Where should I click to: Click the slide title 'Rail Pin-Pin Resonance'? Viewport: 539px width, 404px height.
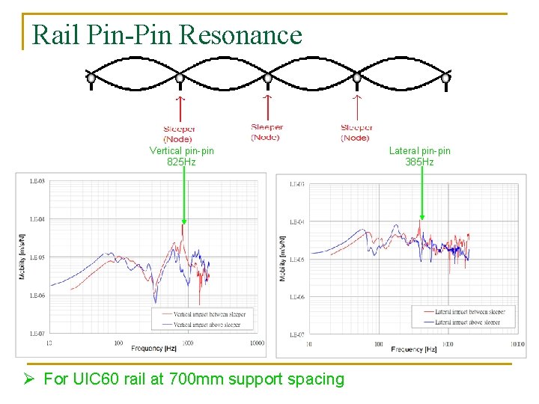click(x=168, y=34)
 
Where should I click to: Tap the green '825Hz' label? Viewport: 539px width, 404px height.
click(x=181, y=162)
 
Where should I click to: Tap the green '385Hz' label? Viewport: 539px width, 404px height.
click(x=419, y=162)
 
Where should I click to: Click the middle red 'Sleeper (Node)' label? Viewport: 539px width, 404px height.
click(x=267, y=132)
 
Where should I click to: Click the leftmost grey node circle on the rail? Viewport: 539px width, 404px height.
click(x=91, y=77)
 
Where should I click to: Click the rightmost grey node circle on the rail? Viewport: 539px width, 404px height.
click(x=445, y=77)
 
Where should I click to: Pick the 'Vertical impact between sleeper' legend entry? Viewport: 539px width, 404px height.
click(x=208, y=313)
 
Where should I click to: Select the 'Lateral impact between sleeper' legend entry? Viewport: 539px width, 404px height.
click(x=469, y=312)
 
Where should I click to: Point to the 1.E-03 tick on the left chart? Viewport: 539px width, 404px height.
click(x=37, y=181)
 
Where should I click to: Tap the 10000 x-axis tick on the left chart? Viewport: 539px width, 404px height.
click(x=256, y=343)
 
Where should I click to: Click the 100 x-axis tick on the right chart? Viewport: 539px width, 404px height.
click(x=379, y=345)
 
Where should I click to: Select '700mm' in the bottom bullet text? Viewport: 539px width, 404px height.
click(x=219, y=379)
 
